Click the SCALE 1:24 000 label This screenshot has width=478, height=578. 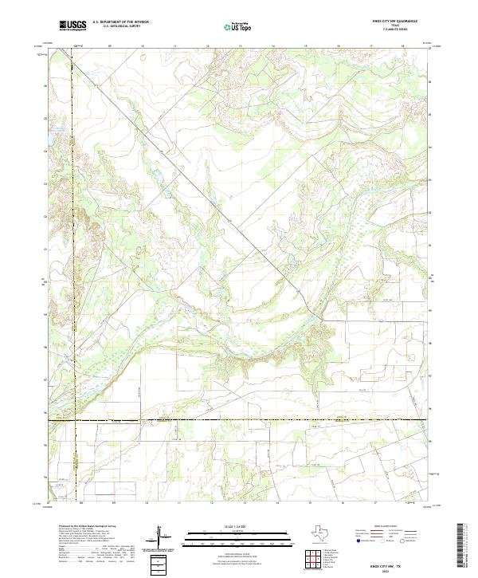click(239, 527)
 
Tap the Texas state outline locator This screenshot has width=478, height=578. click(327, 533)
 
